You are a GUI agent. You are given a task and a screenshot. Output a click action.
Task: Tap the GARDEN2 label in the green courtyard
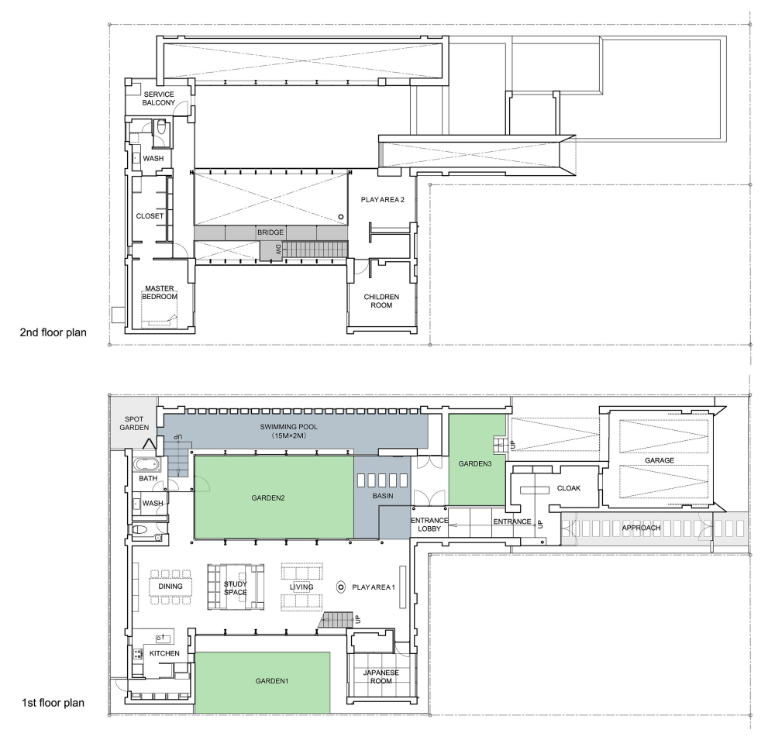pyautogui.click(x=268, y=497)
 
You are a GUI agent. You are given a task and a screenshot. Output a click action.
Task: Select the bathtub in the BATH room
pyautogui.click(x=146, y=465)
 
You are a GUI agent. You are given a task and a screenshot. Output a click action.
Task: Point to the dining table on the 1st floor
pyautogui.click(x=170, y=587)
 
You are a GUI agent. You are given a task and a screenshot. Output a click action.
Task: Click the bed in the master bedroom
pyautogui.click(x=159, y=313)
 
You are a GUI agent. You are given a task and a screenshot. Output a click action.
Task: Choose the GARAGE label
pyautogui.click(x=660, y=460)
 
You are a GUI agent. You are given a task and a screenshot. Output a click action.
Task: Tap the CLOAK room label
pyautogui.click(x=568, y=488)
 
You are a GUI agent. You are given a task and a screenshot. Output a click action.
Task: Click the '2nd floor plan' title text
pyautogui.click(x=53, y=332)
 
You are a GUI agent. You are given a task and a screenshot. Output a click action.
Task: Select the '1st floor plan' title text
pyautogui.click(x=53, y=703)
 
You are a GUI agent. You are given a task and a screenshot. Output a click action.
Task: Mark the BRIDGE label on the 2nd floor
pyautogui.click(x=270, y=232)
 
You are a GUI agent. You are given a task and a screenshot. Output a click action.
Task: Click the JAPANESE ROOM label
pyautogui.click(x=381, y=676)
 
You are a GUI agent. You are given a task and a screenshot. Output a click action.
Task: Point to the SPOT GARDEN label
pyautogui.click(x=134, y=423)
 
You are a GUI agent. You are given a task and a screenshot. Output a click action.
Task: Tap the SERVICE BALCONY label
pyautogui.click(x=159, y=98)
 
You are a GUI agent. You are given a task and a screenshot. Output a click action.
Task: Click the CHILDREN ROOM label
pyautogui.click(x=381, y=301)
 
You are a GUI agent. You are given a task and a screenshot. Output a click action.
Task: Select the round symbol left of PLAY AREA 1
pyautogui.click(x=340, y=587)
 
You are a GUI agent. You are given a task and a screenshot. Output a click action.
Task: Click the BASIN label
pyautogui.click(x=383, y=495)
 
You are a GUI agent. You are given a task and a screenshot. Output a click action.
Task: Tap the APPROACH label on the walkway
pyautogui.click(x=641, y=528)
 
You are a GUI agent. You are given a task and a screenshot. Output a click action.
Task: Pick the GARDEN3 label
pyautogui.click(x=475, y=463)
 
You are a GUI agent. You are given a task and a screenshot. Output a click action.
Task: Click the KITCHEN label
pyautogui.click(x=164, y=653)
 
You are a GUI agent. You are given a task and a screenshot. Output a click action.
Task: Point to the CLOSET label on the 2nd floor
pyautogui.click(x=150, y=216)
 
